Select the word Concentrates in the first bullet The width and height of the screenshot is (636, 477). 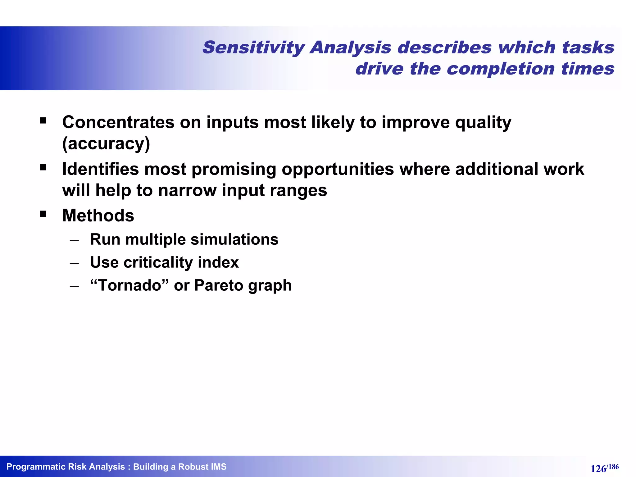(118, 122)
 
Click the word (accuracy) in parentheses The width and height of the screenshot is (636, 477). (106, 143)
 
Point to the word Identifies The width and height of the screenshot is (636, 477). (100, 169)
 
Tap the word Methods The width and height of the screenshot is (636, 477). (98, 216)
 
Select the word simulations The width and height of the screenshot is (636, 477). (234, 239)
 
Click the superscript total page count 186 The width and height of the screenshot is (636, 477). (613, 466)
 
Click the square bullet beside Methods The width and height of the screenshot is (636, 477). (43, 214)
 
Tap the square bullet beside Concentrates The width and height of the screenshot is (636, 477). (43, 120)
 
